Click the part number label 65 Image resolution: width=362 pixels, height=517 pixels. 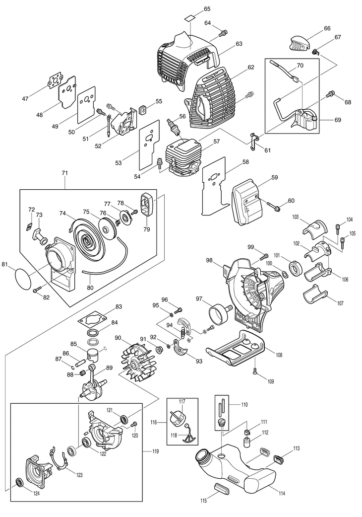click(207, 9)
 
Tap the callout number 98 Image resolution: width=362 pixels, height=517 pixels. click(209, 260)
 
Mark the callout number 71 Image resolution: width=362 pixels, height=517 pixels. click(64, 172)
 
